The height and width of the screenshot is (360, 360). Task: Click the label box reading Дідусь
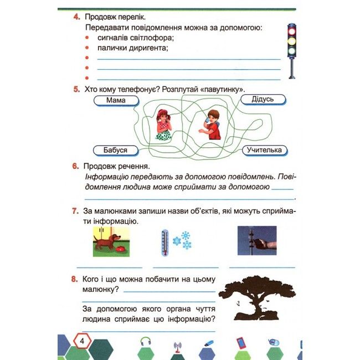point(263,99)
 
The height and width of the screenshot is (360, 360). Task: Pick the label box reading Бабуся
point(115,150)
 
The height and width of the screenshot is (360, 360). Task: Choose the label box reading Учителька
point(265,150)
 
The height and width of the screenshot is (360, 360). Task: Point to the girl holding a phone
point(163,125)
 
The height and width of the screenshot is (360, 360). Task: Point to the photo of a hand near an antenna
point(256,240)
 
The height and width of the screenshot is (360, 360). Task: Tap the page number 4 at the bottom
point(81,341)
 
